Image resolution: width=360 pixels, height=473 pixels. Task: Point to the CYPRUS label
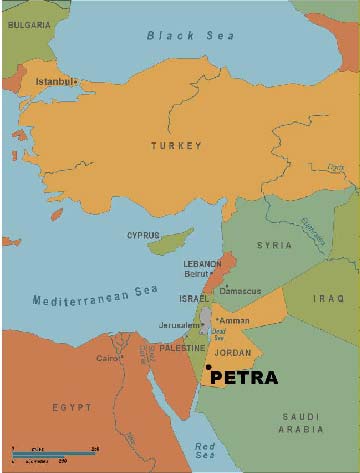[x=143, y=236]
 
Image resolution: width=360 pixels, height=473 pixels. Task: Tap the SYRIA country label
[x=273, y=245]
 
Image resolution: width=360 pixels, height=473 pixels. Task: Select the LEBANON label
[x=201, y=264]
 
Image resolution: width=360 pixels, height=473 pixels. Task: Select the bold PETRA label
[x=244, y=379]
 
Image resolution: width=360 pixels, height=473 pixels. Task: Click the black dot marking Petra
[x=207, y=366]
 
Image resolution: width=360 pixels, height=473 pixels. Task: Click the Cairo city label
[x=106, y=357]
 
